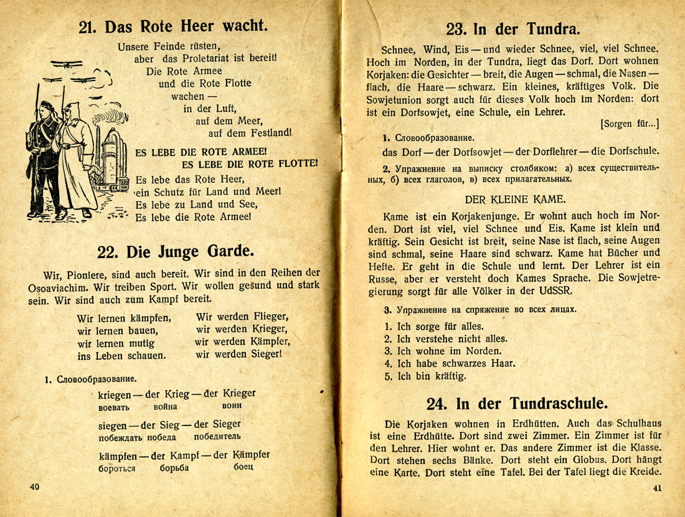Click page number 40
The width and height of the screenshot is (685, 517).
pyautogui.click(x=34, y=485)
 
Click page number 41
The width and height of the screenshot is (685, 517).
pyautogui.click(x=658, y=488)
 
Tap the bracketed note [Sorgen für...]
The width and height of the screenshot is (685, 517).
pyautogui.click(x=630, y=123)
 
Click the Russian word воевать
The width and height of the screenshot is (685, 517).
pyautogui.click(x=114, y=407)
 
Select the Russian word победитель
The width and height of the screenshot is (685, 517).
pyautogui.click(x=217, y=437)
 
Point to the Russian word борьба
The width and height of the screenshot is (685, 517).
pyautogui.click(x=174, y=468)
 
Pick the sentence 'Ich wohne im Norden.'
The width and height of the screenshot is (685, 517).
pyautogui.click(x=440, y=351)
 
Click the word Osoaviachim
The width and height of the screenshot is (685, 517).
pyautogui.click(x=58, y=287)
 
